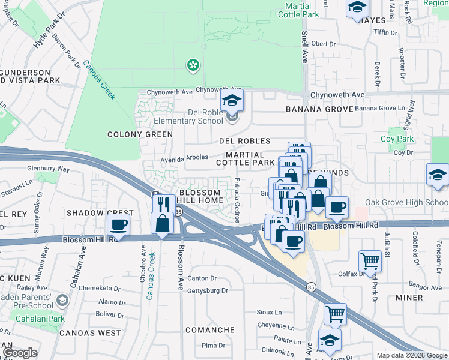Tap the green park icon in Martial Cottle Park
coord(193,64)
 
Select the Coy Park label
coord(397,139)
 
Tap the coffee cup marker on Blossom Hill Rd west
coord(119,226)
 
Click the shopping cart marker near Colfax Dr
coord(369,261)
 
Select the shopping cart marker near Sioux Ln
coord(335,313)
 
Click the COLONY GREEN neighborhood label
coord(140,134)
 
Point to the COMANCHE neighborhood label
coord(209,330)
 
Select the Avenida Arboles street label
coord(184,157)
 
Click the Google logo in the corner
coord(19,353)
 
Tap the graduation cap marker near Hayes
coord(357,8)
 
